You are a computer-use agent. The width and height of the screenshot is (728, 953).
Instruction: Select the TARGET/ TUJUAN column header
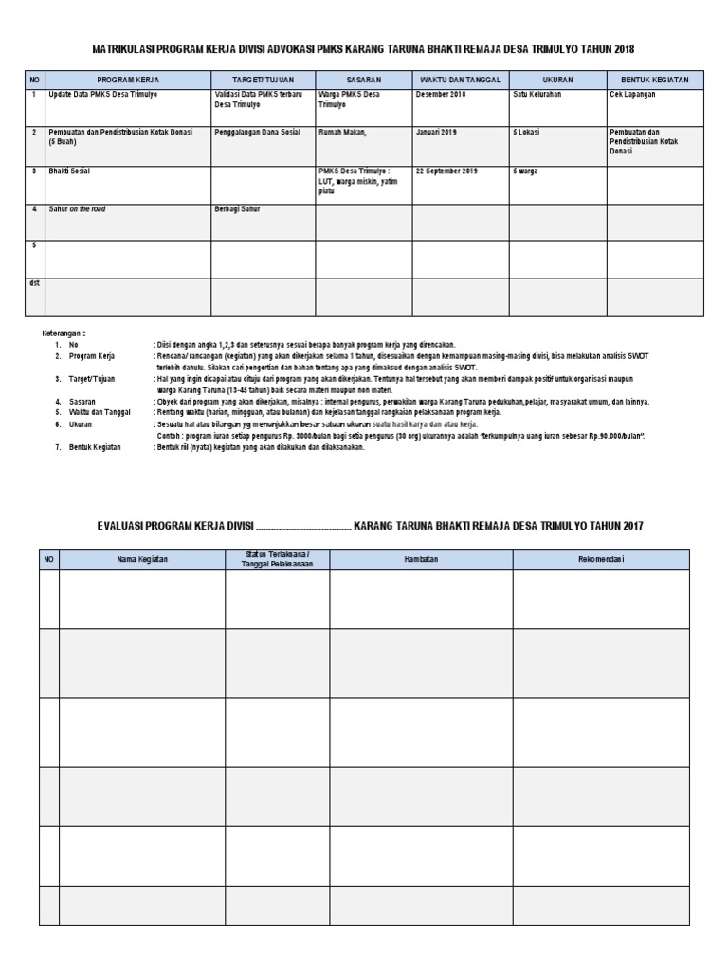click(263, 80)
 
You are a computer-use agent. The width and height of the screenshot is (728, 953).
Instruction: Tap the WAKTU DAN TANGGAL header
click(460, 80)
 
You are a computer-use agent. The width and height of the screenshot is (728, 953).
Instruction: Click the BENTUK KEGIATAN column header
click(655, 80)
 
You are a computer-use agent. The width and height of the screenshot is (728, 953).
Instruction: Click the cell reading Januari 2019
click(435, 132)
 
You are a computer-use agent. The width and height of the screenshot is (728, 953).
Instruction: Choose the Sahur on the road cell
click(77, 209)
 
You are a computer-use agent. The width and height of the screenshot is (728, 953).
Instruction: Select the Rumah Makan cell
click(343, 132)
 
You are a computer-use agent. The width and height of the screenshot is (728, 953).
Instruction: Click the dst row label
click(34, 283)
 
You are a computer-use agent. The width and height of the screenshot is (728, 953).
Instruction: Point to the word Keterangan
click(63, 333)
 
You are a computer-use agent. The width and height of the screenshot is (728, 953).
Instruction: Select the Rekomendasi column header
click(601, 559)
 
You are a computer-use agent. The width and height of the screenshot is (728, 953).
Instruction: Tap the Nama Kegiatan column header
click(142, 559)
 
